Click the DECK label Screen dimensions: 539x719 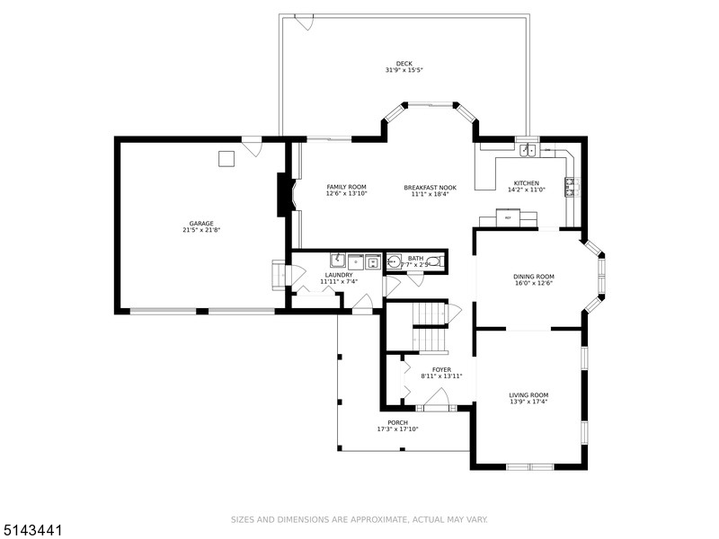pos(404,63)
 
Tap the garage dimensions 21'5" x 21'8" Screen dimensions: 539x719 pos(201,230)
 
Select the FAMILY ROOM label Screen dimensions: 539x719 pos(346,187)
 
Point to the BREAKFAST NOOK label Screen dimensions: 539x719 pos(430,187)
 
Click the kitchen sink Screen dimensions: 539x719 pos(528,150)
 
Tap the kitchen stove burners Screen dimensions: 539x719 pos(571,187)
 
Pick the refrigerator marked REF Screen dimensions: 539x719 pos(508,218)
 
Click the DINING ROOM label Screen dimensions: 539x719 pos(534,277)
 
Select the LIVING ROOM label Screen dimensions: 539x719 pos(528,394)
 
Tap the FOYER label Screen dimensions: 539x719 pos(441,369)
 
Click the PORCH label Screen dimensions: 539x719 pos(397,422)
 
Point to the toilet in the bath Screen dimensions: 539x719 pos(434,262)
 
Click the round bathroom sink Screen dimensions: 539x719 pos(393,262)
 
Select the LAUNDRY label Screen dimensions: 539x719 pos(339,275)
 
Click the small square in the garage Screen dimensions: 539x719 pos(226,158)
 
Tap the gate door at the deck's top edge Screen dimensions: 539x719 pos(305,22)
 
